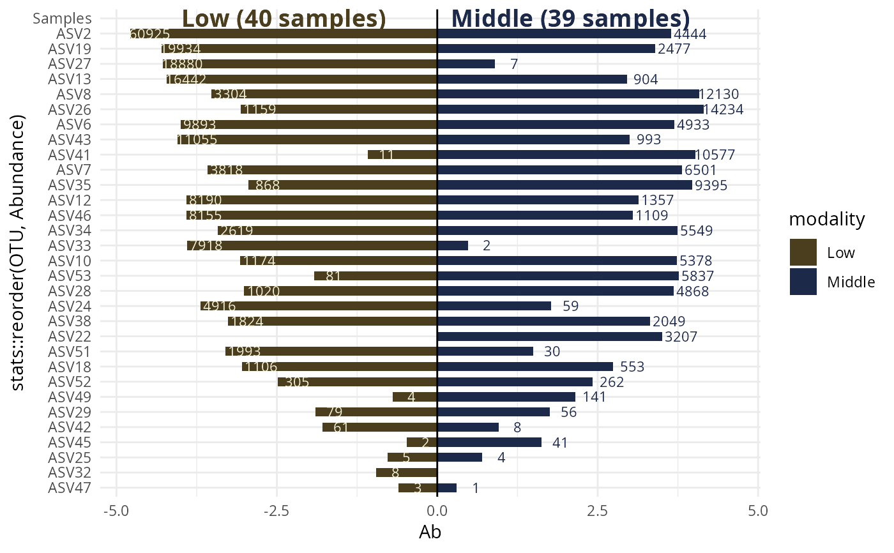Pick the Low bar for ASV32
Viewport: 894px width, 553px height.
coord(407,473)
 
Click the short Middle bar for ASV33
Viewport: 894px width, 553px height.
coord(453,246)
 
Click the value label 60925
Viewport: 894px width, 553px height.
coord(149,34)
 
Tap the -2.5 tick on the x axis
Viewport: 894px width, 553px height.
coord(277,511)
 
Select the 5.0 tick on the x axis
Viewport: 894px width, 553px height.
coord(758,511)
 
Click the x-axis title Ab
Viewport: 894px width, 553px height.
coord(430,532)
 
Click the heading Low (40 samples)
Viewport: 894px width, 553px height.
coord(284,19)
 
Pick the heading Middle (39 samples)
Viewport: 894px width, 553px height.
coord(570,19)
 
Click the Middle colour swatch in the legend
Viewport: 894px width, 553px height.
coord(803,282)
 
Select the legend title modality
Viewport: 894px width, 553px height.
coord(827,220)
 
